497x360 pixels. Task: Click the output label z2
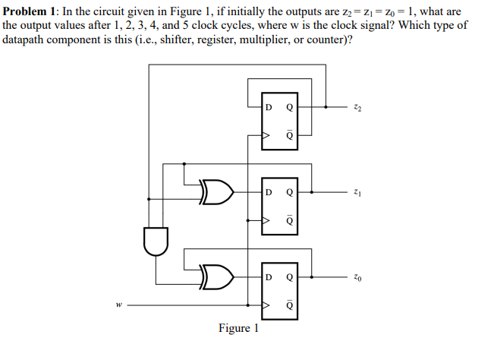tap(357, 108)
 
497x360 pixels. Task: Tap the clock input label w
tap(119, 306)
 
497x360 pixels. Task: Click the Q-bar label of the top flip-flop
tap(288, 137)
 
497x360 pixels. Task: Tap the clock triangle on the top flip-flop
tap(266, 137)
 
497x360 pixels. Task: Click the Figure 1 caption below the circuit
tap(238, 328)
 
